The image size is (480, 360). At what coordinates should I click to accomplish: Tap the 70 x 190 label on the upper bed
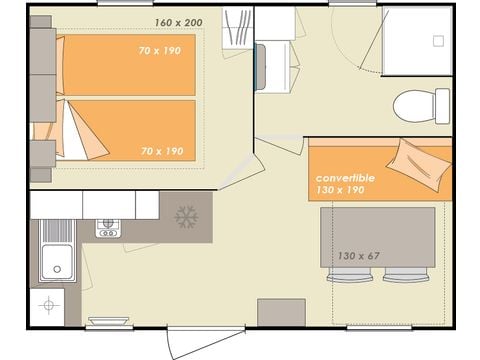pyautogui.click(x=160, y=50)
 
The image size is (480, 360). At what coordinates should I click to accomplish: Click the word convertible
pyautogui.click(x=345, y=177)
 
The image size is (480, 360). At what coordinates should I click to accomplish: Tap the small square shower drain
pyautogui.click(x=437, y=41)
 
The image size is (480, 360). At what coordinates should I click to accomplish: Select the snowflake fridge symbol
pyautogui.click(x=186, y=216)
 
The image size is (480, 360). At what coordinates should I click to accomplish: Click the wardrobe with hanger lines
pyautogui.click(x=238, y=25)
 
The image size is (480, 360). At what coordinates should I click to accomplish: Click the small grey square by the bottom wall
pyautogui.click(x=281, y=312)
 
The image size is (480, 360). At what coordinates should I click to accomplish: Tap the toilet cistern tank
pyautogui.click(x=442, y=105)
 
